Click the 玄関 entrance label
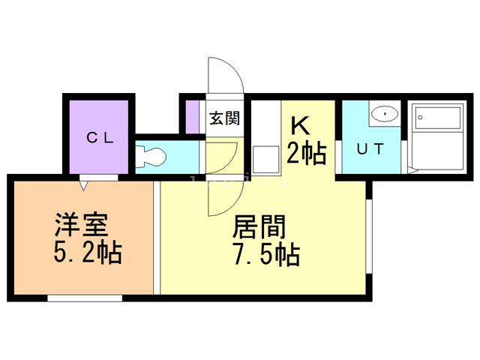[223, 118]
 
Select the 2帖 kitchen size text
[306, 154]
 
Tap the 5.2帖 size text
[88, 253]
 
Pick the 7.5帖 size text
[265, 254]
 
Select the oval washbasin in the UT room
[385, 114]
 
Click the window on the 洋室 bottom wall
[85, 298]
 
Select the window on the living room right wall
[370, 237]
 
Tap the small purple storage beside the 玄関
[193, 116]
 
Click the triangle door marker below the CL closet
[85, 182]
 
